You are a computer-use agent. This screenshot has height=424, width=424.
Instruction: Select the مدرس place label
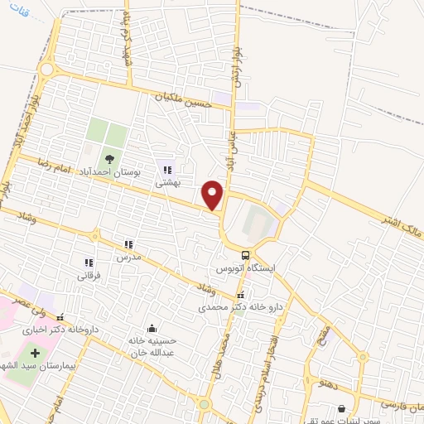click(x=128, y=258)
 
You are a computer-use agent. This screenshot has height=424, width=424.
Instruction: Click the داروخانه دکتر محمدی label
click(x=240, y=306)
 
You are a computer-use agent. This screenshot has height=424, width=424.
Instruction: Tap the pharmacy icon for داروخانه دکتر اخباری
click(x=59, y=316)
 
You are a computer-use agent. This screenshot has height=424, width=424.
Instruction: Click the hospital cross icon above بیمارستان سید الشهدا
click(x=34, y=354)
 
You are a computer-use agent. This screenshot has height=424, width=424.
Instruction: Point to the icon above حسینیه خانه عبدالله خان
click(x=150, y=328)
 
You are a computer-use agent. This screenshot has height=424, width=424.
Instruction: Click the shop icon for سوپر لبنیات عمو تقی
click(x=342, y=408)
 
